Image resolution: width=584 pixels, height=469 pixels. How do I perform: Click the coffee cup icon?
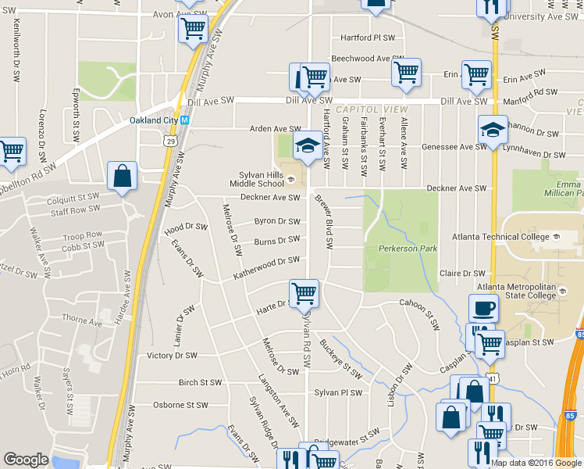[x=483, y=307]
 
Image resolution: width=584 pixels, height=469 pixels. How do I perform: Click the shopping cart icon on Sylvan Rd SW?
[x=304, y=293]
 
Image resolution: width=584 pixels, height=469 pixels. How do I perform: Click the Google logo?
[x=27, y=460]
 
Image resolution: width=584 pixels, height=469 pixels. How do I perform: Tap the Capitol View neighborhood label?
[x=362, y=110]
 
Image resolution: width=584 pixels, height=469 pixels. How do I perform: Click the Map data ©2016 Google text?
[x=536, y=463]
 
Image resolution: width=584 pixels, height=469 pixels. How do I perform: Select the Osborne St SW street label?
[x=180, y=405]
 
